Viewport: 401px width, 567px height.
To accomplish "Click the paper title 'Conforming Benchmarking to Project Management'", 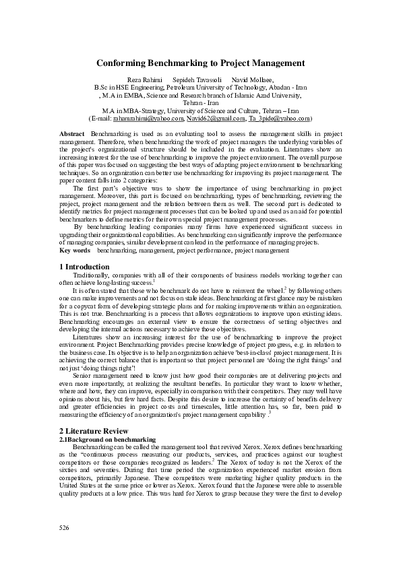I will coord(200,63).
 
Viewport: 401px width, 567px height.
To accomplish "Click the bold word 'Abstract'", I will coord(72,135).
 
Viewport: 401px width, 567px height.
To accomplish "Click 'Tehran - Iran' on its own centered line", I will coord(200,102).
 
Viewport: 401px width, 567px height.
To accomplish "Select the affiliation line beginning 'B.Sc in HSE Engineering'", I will coord(200,88).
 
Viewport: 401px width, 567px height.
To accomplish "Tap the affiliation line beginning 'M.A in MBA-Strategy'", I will coord(200,110).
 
